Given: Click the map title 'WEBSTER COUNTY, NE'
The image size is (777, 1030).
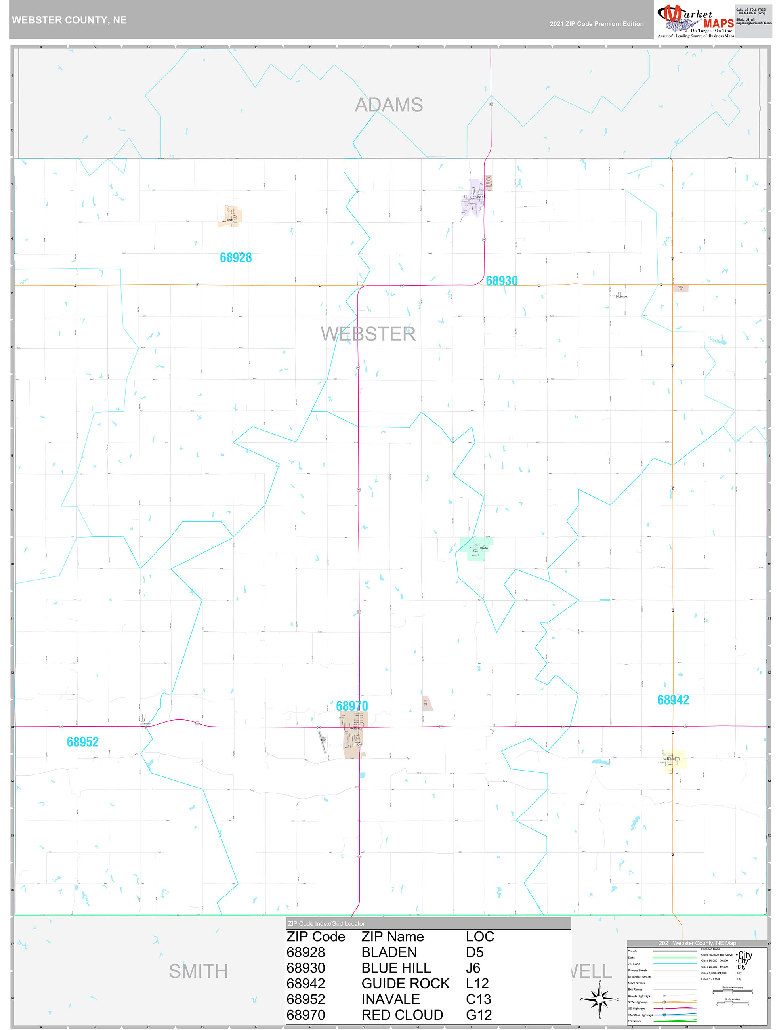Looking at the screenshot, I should click(69, 20).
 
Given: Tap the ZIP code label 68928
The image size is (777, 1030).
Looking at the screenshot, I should click(236, 257).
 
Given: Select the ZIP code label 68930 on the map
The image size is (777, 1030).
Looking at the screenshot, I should click(502, 281).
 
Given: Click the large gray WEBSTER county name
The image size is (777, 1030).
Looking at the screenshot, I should click(368, 334).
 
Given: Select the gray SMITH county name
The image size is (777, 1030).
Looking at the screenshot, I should click(198, 971).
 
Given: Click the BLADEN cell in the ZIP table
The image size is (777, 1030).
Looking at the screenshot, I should click(389, 952).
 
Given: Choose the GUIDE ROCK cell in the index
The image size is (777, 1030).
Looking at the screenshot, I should click(405, 983).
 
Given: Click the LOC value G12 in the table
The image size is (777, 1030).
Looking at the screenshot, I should click(478, 1015).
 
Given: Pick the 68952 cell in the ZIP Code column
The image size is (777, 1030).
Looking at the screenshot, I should click(305, 999).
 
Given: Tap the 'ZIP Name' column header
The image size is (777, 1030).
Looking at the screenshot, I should click(392, 937).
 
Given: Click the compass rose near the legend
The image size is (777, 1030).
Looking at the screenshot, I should click(599, 999).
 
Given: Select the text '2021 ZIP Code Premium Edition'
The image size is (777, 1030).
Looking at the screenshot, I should click(596, 24).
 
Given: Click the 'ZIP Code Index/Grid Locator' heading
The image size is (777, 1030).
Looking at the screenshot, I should click(326, 924).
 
